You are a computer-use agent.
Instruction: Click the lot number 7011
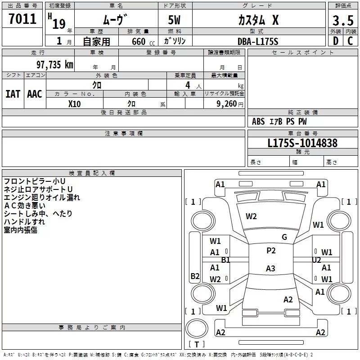[x=22, y=19]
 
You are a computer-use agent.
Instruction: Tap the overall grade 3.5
[x=343, y=20]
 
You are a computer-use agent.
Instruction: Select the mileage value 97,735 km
[x=55, y=64]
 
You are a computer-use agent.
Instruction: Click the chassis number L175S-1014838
[x=302, y=143]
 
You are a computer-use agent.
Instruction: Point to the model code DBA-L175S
[x=257, y=41]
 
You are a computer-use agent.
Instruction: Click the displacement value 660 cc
[x=143, y=41]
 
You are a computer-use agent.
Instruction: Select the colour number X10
[x=74, y=104]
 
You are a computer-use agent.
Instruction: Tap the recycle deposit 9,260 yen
[x=230, y=104]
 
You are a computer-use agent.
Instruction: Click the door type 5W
[x=174, y=20]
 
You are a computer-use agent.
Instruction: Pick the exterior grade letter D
[x=336, y=41]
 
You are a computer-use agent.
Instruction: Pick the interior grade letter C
[x=350, y=41]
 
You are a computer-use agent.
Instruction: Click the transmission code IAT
[x=13, y=94]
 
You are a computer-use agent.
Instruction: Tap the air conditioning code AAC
[x=35, y=94]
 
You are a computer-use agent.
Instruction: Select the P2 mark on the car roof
[x=271, y=251]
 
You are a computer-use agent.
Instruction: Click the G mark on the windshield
[x=284, y=237]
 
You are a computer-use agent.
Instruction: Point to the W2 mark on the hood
[x=251, y=216]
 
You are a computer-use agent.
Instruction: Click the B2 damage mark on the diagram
[x=195, y=276]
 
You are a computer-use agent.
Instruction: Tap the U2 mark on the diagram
[x=316, y=260]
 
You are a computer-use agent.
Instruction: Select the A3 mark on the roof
[x=270, y=268]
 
